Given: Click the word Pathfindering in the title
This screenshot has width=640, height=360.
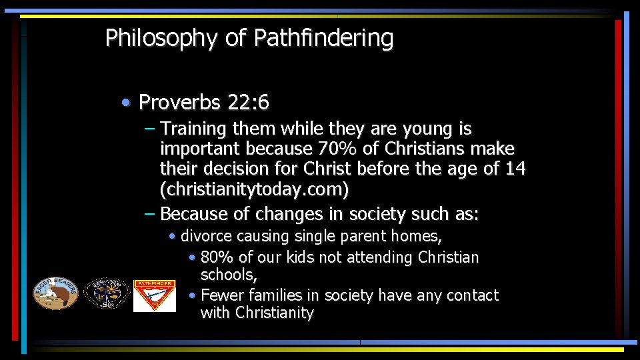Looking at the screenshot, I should point(323,39).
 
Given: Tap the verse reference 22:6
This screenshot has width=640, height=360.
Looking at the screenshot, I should point(248,103).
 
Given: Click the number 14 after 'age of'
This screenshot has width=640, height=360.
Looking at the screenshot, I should point(515,169).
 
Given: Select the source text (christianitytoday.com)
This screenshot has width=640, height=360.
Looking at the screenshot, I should point(254,190).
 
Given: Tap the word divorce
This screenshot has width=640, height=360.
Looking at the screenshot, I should point(206,236).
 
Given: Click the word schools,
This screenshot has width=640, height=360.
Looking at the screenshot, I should point(229,275).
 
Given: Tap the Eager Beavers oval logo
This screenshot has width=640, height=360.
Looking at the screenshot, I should point(56,293).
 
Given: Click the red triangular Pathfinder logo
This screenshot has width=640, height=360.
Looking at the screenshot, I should point(154,295).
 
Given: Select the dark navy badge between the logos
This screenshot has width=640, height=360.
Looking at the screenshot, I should point(107,294).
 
